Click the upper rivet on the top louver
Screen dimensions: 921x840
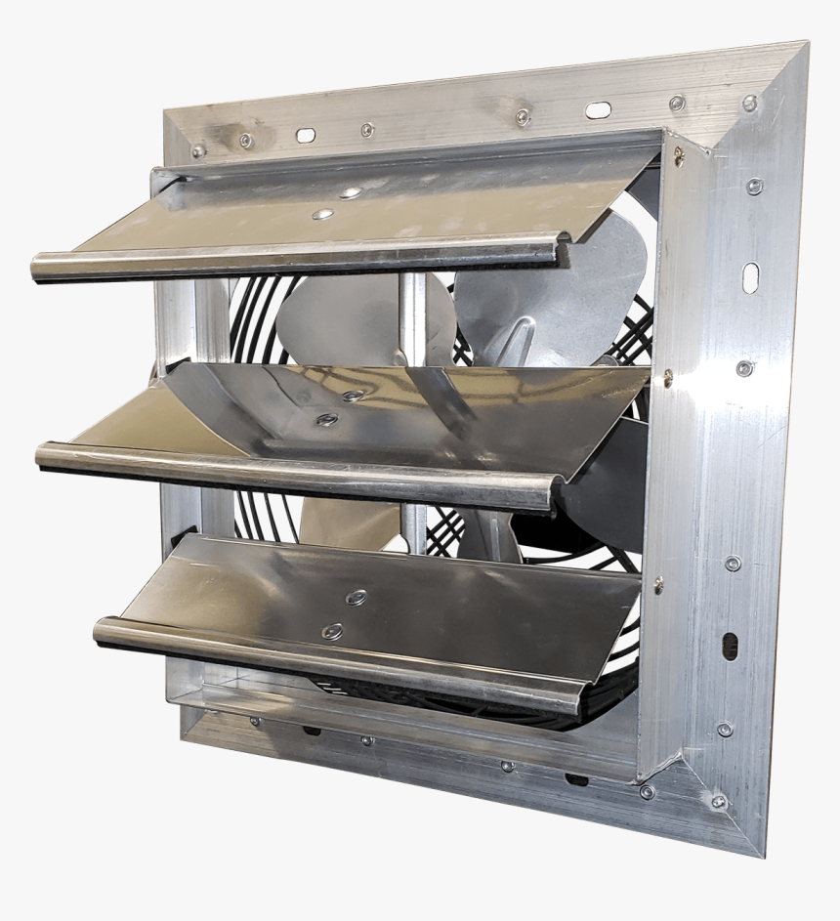tap(349, 193)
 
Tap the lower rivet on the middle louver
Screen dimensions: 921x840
tap(327, 419)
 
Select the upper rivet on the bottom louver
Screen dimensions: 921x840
tap(357, 597)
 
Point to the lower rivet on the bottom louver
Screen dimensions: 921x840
tap(333, 630)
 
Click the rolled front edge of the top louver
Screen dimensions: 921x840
tap(293, 257)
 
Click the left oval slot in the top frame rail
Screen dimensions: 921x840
tap(306, 135)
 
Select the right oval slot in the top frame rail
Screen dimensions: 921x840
tap(598, 110)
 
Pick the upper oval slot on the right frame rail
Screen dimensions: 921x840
tap(750, 277)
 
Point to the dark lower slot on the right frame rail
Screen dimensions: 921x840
tap(730, 646)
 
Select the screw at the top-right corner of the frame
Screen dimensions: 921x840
tap(749, 103)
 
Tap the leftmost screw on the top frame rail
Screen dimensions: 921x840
tap(198, 149)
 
